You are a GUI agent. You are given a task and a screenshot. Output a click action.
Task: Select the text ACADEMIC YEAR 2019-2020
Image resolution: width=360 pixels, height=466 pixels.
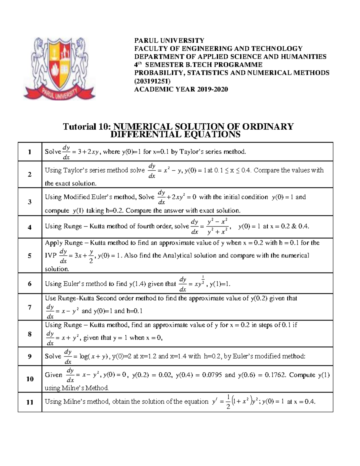click(181, 89)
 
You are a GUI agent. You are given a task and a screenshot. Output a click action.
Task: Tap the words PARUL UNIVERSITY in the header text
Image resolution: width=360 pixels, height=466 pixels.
click(169, 41)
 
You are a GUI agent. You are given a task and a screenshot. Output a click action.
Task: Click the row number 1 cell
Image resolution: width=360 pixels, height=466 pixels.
click(29, 152)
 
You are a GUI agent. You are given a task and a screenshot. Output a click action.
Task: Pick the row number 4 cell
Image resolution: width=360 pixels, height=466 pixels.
click(29, 227)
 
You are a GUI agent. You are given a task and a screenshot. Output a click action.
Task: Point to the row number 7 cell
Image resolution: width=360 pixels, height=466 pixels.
click(29, 307)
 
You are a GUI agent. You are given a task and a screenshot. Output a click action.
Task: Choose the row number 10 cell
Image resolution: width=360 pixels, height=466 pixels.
click(29, 379)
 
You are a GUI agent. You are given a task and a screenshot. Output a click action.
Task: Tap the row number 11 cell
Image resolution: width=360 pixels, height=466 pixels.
click(29, 402)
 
